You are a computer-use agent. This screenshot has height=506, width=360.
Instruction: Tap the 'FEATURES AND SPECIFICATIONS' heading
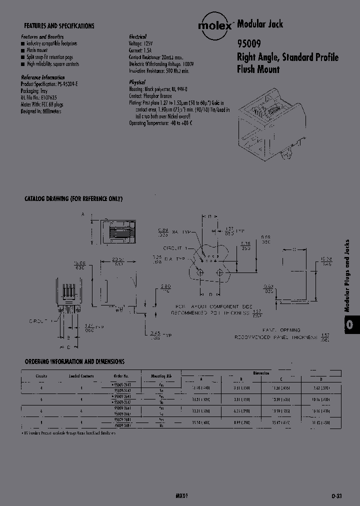tap(59, 26)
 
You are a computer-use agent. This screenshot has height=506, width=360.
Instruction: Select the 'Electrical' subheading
tap(137, 37)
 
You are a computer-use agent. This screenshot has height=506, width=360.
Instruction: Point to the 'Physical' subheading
tap(137, 82)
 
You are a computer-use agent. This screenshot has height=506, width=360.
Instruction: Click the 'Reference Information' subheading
tap(42, 77)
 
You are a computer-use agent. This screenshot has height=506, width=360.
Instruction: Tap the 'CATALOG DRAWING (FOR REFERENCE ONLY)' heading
tap(73, 199)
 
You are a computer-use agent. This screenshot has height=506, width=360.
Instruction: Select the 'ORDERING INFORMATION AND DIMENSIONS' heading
tap(74, 361)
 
